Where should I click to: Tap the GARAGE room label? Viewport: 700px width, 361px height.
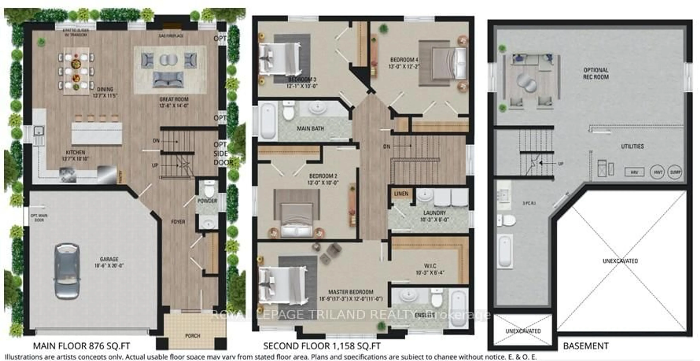[109, 259]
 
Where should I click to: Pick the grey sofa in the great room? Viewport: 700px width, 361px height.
[168, 79]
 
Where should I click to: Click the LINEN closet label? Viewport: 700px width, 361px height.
[401, 194]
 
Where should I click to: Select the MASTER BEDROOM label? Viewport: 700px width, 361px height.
[351, 292]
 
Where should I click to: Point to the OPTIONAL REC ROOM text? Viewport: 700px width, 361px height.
[596, 73]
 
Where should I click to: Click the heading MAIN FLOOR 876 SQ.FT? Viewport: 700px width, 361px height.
[81, 346]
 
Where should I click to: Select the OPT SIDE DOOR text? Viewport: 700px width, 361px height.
[223, 154]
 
